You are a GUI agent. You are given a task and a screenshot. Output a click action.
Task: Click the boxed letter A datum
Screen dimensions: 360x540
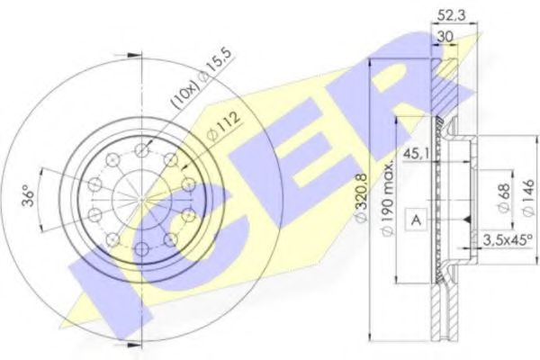coord(418,219)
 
